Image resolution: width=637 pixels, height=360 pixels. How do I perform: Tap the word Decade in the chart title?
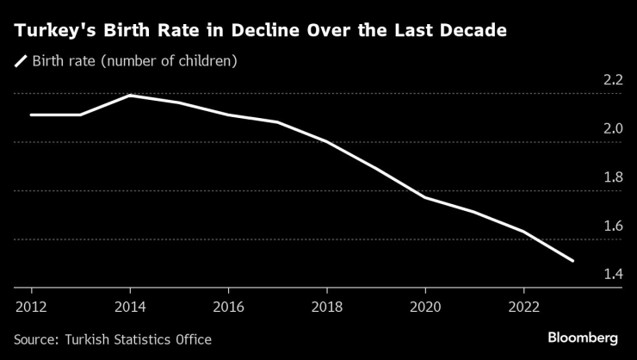[x=473, y=31]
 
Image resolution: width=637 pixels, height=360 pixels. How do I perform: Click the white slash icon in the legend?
[x=20, y=62]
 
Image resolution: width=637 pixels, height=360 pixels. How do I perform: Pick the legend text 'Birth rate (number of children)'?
[x=133, y=62]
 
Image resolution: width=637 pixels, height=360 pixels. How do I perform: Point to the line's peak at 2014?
[x=129, y=96]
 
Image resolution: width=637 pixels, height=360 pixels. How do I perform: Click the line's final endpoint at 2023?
[x=572, y=260]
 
